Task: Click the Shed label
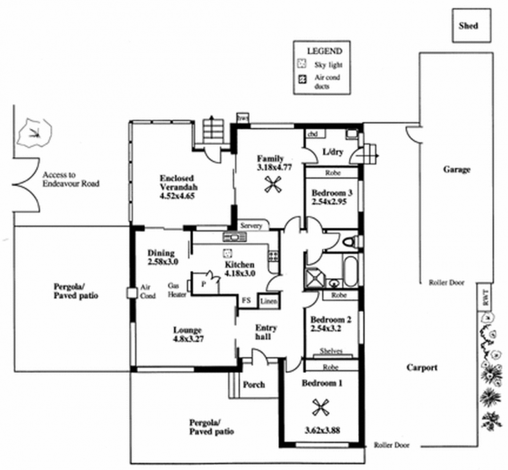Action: [468, 26]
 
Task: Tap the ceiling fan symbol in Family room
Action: [273, 185]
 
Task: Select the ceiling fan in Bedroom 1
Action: [321, 408]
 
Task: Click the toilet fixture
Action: [351, 241]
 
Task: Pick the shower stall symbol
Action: [314, 278]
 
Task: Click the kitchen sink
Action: [234, 237]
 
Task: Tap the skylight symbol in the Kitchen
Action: [228, 253]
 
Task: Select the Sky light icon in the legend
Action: [302, 64]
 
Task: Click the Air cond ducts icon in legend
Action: [302, 79]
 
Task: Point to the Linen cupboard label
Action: [269, 302]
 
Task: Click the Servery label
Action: [251, 225]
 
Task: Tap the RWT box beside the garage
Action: [485, 297]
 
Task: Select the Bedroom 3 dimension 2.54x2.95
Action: [329, 201]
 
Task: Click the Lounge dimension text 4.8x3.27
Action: [188, 339]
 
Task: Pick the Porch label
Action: [254, 385]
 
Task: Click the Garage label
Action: [457, 170]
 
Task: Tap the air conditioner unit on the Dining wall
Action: [132, 293]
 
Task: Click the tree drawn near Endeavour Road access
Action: [35, 133]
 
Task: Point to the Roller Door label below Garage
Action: [446, 283]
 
